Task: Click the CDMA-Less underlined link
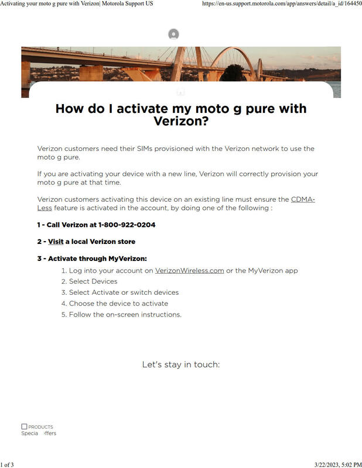pos(302,199)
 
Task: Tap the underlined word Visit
pos(56,242)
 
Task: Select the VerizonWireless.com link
pos(189,270)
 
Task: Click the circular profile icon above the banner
pos(173,35)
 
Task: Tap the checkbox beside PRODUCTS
pos(24,426)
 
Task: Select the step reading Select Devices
pos(93,281)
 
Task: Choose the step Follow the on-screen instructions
pos(125,315)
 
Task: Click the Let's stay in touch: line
pos(180,364)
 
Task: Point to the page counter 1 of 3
pos(7,464)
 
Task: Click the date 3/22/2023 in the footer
pos(322,464)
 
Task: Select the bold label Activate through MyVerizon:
pos(97,259)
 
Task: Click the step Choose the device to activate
pos(118,304)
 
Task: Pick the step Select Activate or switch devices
pos(124,292)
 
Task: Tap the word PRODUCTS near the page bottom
pos(40,427)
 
